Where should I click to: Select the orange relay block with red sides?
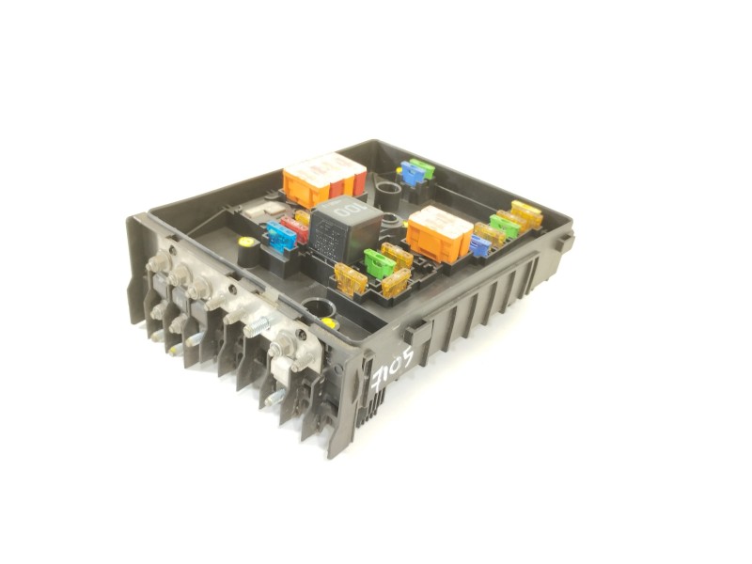pyautogui.click(x=323, y=180)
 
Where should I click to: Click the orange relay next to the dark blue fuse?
pyautogui.click(x=439, y=234)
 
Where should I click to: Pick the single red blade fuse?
pyautogui.click(x=297, y=228)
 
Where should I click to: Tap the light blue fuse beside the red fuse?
pyautogui.click(x=280, y=236)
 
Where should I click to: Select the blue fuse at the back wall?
pyautogui.click(x=412, y=173)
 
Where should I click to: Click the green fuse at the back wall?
pyautogui.click(x=423, y=167)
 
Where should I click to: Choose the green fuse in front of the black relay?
pyautogui.click(x=379, y=264)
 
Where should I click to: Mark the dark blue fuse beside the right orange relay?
pyautogui.click(x=479, y=245)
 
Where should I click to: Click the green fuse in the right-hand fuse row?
pyautogui.click(x=505, y=226)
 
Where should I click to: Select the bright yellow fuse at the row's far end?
pyautogui.click(x=526, y=213)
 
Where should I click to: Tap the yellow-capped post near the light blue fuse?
pyautogui.click(x=245, y=243)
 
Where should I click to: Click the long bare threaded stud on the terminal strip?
pyautogui.click(x=258, y=324)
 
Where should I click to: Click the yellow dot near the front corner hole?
pyautogui.click(x=329, y=322)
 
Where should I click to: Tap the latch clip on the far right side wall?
pyautogui.click(x=563, y=242)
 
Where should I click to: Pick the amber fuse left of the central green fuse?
pyautogui.click(x=352, y=278)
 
